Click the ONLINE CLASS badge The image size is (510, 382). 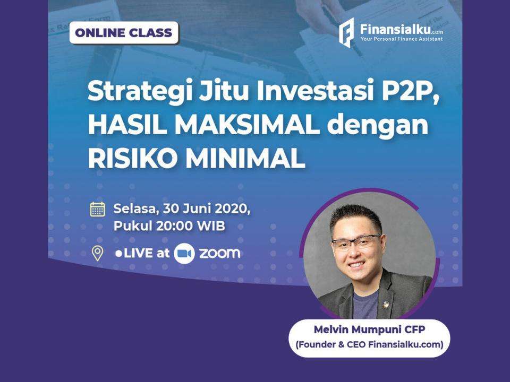124,33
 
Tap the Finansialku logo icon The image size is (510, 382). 346,32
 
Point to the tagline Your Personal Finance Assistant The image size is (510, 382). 401,39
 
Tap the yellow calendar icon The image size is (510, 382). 97,209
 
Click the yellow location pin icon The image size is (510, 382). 97,253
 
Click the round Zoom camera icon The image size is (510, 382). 184,254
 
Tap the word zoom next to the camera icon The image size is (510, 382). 219,254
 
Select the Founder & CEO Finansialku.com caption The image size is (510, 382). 369,345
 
